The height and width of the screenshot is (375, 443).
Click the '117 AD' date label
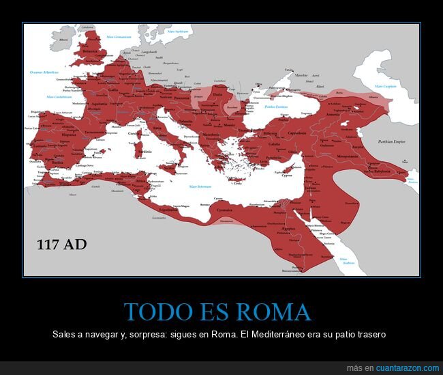pos(62,244)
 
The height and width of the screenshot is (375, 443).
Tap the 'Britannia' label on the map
pos(91,51)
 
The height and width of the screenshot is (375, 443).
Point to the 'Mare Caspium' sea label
pos(385,87)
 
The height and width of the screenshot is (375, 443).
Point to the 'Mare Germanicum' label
pos(113,36)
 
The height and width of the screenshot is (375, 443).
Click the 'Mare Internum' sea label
pos(201,186)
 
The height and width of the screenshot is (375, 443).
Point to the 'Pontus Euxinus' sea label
pos(276,107)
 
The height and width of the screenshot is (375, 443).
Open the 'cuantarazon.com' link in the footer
pos(402,368)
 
